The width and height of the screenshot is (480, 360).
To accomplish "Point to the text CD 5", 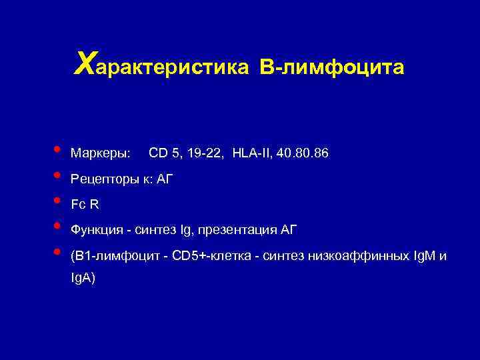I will point(164,154).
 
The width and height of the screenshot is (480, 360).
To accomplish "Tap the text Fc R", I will point(85,205).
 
